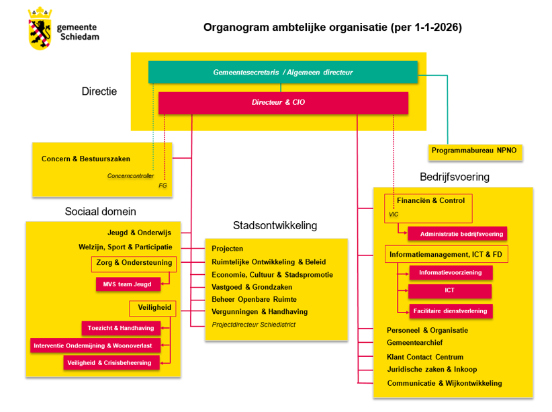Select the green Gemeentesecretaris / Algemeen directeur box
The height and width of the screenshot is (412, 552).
[x=283, y=72]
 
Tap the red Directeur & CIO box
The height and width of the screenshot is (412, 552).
[x=283, y=103]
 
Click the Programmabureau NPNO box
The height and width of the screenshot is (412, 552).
[x=476, y=151]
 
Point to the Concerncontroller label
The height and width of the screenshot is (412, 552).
[x=130, y=176]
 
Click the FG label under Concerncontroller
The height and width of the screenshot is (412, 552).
[x=163, y=185]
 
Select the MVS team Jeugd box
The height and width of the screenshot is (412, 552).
[x=128, y=284]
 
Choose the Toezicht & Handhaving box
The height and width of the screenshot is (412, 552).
[x=122, y=328]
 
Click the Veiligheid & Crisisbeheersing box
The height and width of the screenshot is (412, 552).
[x=112, y=362]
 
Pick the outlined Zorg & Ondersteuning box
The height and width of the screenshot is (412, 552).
[x=134, y=263]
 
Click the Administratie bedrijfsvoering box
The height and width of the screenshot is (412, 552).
[x=457, y=233]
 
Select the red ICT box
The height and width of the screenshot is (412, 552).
[x=450, y=291]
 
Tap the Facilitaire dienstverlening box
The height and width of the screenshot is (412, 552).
[x=451, y=311]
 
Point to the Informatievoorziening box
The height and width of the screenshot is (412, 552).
[x=451, y=273]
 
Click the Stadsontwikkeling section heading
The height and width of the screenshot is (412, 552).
[x=275, y=225]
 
